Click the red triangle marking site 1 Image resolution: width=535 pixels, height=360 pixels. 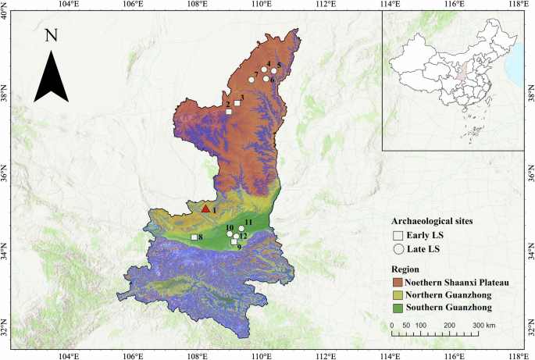coord(205,209)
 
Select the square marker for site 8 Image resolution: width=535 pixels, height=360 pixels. coord(194,237)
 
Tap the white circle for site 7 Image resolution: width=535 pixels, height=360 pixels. coord(251,80)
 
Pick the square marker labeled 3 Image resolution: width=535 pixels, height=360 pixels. coord(237,103)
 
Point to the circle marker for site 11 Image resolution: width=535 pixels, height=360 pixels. coord(241,228)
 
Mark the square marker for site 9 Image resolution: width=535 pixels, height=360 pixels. coord(234,241)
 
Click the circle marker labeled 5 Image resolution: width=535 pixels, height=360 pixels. coord(274,71)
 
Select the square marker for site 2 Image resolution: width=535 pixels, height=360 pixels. coord(229,112)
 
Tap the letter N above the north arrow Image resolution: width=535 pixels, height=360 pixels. coord(52,36)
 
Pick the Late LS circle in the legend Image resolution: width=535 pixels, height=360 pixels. coord(398,249)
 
